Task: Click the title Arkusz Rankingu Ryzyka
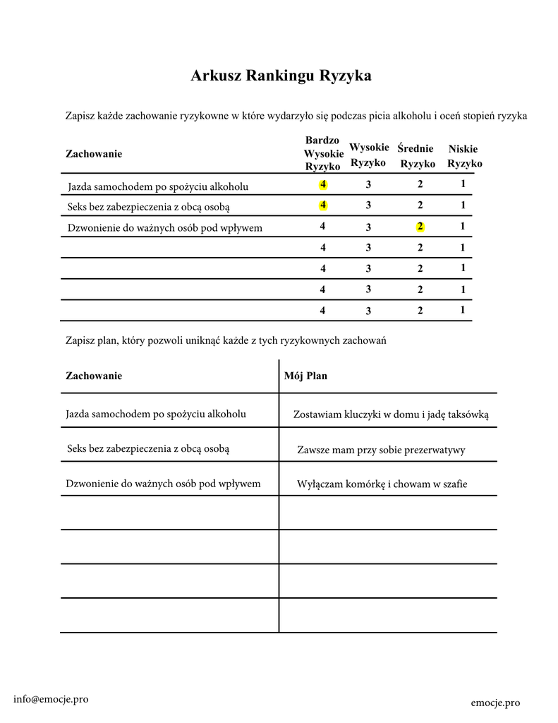pos(281,76)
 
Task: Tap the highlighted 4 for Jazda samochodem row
pos(322,185)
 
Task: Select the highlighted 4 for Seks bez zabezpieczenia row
pos(322,205)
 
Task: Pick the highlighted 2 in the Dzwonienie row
pos(420,227)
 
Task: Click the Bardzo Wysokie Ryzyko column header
pos(322,154)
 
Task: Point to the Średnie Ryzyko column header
pos(416,156)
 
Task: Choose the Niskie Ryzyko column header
pos(463,156)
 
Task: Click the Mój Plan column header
pos(305,376)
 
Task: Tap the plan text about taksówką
pos(390,415)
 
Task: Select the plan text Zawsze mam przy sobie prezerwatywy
pos(381,450)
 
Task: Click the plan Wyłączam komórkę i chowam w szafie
pos(382,484)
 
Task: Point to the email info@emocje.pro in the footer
pos(51,699)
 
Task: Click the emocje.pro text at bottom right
pos(495,703)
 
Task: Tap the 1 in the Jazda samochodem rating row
pos(463,184)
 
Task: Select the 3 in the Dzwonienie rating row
pos(368,227)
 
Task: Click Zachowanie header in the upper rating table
pos(94,154)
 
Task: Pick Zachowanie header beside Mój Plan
pos(94,376)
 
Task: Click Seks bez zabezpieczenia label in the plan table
pos(148,448)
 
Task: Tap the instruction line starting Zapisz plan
pos(226,340)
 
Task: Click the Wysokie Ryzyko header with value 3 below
pos(368,155)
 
